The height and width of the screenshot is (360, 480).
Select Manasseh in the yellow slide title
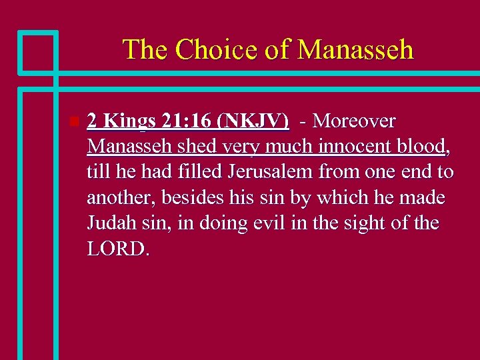[x=355, y=50]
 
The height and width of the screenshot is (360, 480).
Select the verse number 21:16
[x=189, y=121]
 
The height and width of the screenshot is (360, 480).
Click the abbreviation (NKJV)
[x=257, y=121]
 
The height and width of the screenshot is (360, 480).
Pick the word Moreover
[x=354, y=121]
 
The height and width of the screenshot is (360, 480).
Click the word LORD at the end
[x=119, y=249]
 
